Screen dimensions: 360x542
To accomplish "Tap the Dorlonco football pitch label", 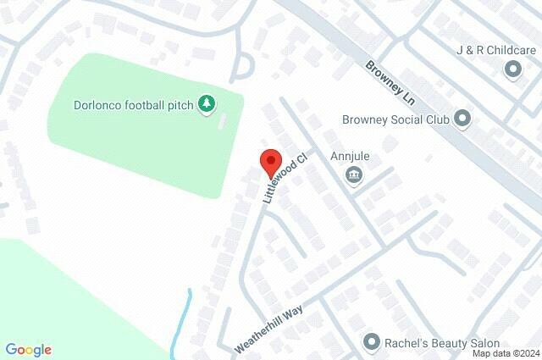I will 134,105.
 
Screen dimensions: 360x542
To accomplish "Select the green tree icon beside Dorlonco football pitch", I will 207,104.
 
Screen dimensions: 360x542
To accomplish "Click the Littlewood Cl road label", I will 282,178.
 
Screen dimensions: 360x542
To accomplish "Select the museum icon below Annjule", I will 354,175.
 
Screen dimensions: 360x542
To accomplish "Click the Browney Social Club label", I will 395,119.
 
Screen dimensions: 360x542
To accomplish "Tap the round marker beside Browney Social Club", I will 462,119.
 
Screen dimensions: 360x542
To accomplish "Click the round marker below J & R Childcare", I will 512,69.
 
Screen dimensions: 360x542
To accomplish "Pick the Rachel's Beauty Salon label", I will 438,342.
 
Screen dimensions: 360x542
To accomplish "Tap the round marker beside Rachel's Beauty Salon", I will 371,342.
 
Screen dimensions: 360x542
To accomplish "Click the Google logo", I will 29,349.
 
